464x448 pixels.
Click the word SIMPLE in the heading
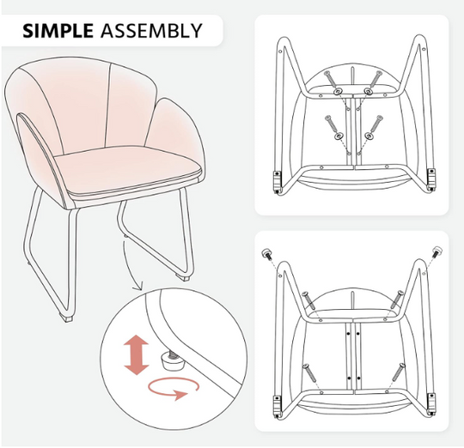(58, 30)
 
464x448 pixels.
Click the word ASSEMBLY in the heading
(151, 30)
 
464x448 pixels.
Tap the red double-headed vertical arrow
(136, 354)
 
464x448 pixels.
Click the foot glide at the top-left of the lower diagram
(267, 254)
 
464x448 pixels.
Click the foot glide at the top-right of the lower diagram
(437, 251)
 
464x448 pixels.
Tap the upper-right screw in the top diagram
(375, 79)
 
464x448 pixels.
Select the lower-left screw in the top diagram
(331, 124)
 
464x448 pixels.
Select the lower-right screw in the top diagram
(375, 124)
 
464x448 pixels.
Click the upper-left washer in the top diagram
(338, 92)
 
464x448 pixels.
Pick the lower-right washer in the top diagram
(369, 136)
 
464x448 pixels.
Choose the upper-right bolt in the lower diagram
(397, 299)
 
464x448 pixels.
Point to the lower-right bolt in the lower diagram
(399, 372)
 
